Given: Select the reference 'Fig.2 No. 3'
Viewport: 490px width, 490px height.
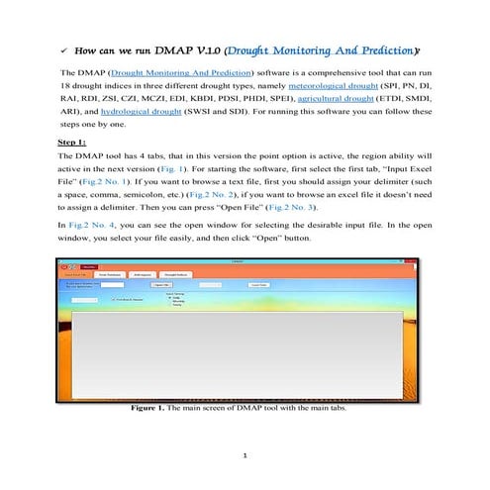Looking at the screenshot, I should click(343, 212).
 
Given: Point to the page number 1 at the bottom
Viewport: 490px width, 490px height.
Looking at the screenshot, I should click(245, 454).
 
